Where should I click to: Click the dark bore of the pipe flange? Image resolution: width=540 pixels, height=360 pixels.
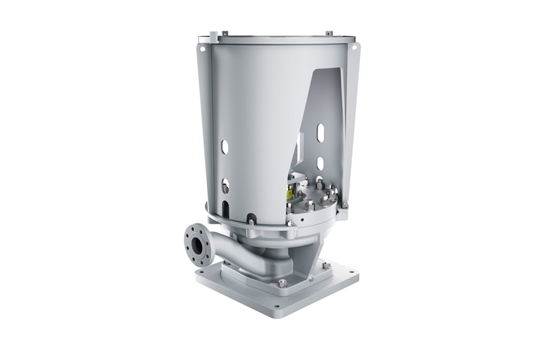pyautogui.click(x=199, y=245)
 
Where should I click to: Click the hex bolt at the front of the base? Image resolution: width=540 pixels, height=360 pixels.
pyautogui.click(x=282, y=283)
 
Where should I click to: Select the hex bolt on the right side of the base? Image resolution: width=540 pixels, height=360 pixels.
pyautogui.click(x=327, y=265)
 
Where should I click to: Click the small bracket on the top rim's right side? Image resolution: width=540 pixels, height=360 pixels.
pyautogui.click(x=328, y=33)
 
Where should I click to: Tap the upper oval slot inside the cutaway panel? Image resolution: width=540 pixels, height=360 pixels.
pyautogui.click(x=320, y=133)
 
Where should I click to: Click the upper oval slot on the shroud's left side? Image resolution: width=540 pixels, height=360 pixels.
pyautogui.click(x=223, y=146)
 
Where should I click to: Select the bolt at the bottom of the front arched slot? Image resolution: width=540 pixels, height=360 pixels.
pyautogui.click(x=250, y=219)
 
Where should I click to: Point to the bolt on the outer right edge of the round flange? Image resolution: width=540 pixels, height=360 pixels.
pyautogui.click(x=344, y=205)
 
